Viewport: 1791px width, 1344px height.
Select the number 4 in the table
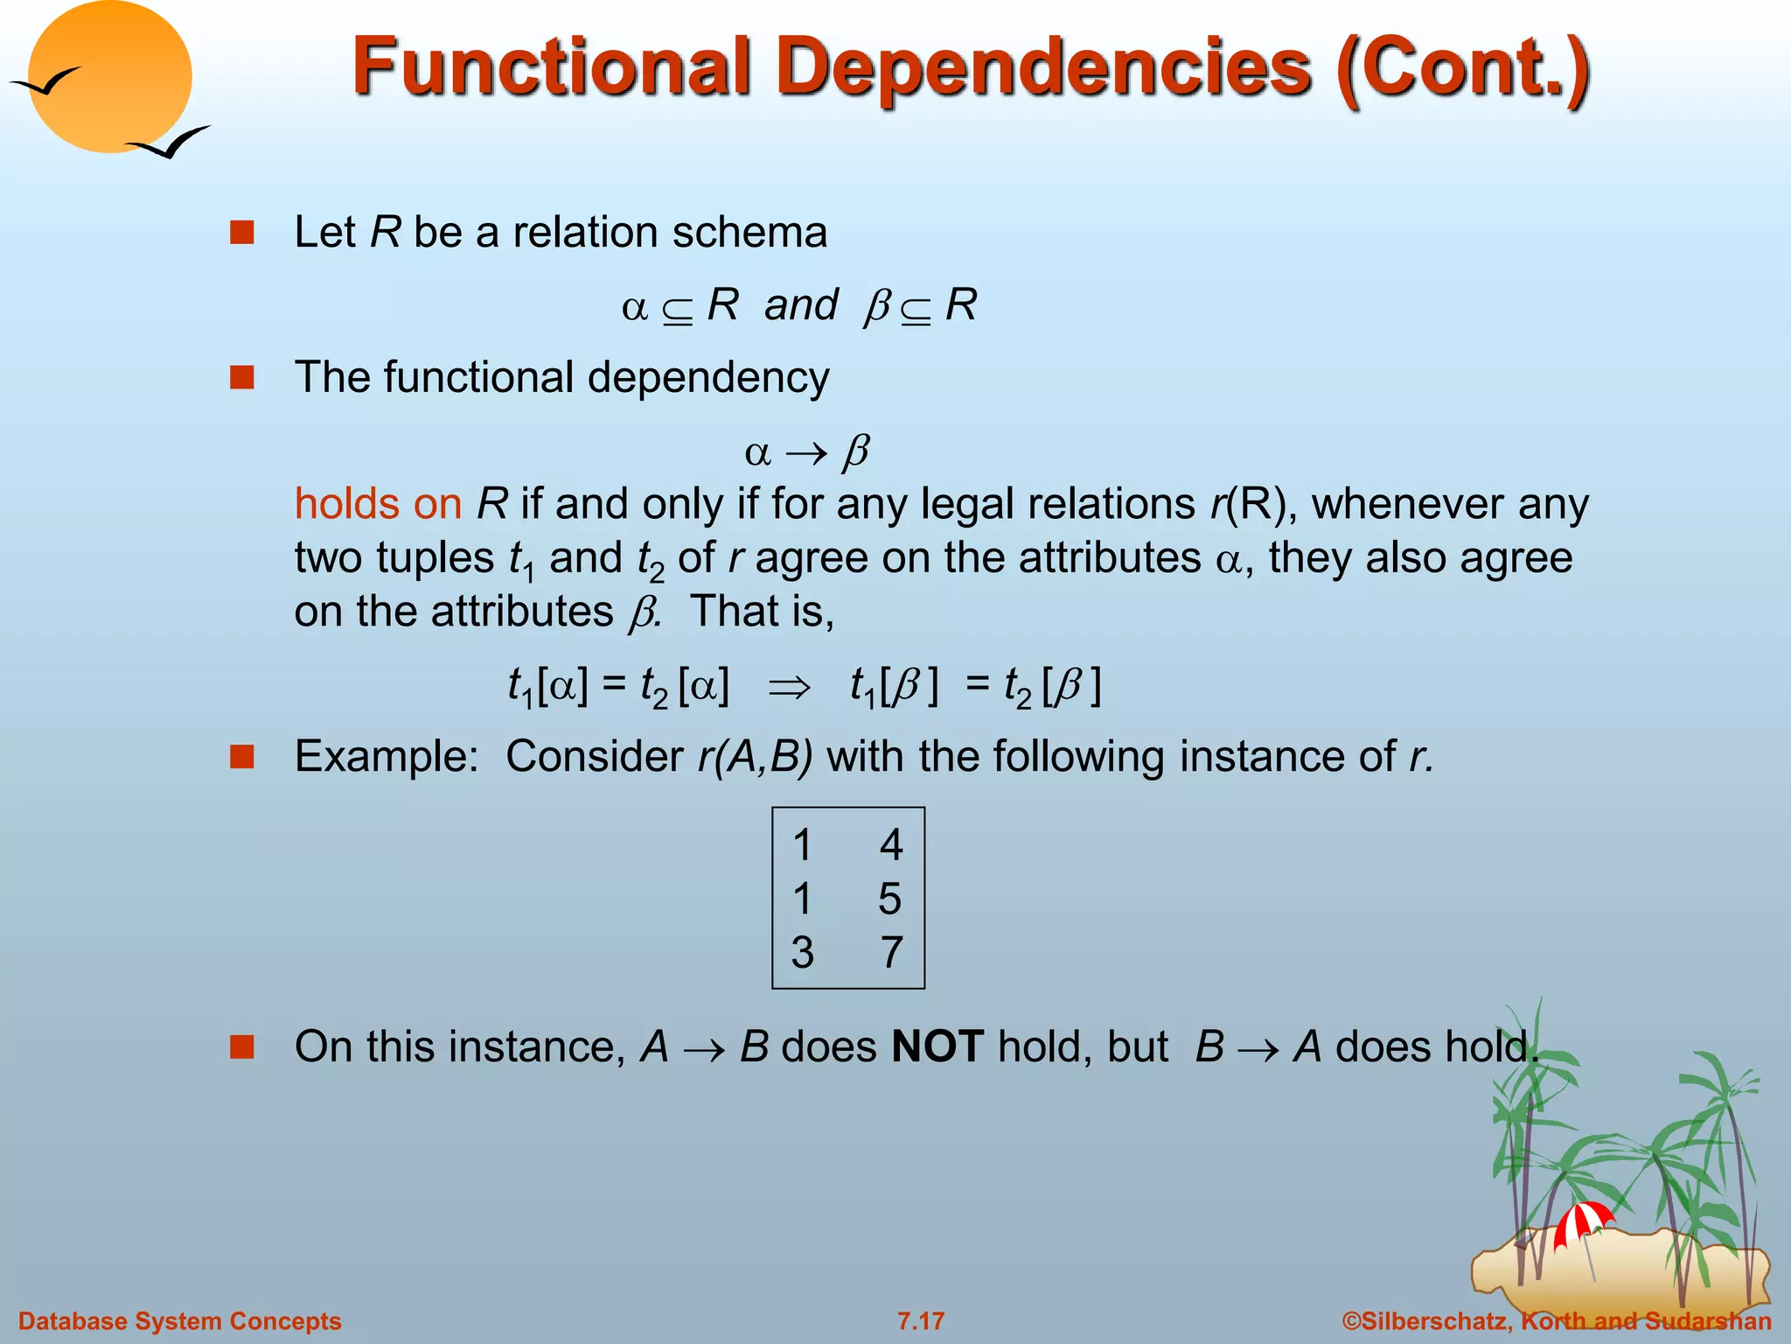(x=890, y=845)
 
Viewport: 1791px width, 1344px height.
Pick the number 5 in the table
(x=890, y=899)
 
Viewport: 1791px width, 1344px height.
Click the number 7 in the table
(x=890, y=952)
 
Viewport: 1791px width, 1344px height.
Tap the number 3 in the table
(x=802, y=952)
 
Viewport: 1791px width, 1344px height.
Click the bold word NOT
(x=937, y=1046)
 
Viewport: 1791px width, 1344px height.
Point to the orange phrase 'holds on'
(x=378, y=504)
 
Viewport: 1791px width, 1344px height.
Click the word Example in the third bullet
(x=386, y=756)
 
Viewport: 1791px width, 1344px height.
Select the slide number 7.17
(x=921, y=1321)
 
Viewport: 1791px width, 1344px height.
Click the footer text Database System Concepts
(x=180, y=1321)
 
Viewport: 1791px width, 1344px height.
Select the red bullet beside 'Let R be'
(x=241, y=233)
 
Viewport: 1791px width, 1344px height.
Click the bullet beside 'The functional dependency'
(x=241, y=378)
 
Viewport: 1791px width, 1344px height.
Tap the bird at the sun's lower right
(x=171, y=143)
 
